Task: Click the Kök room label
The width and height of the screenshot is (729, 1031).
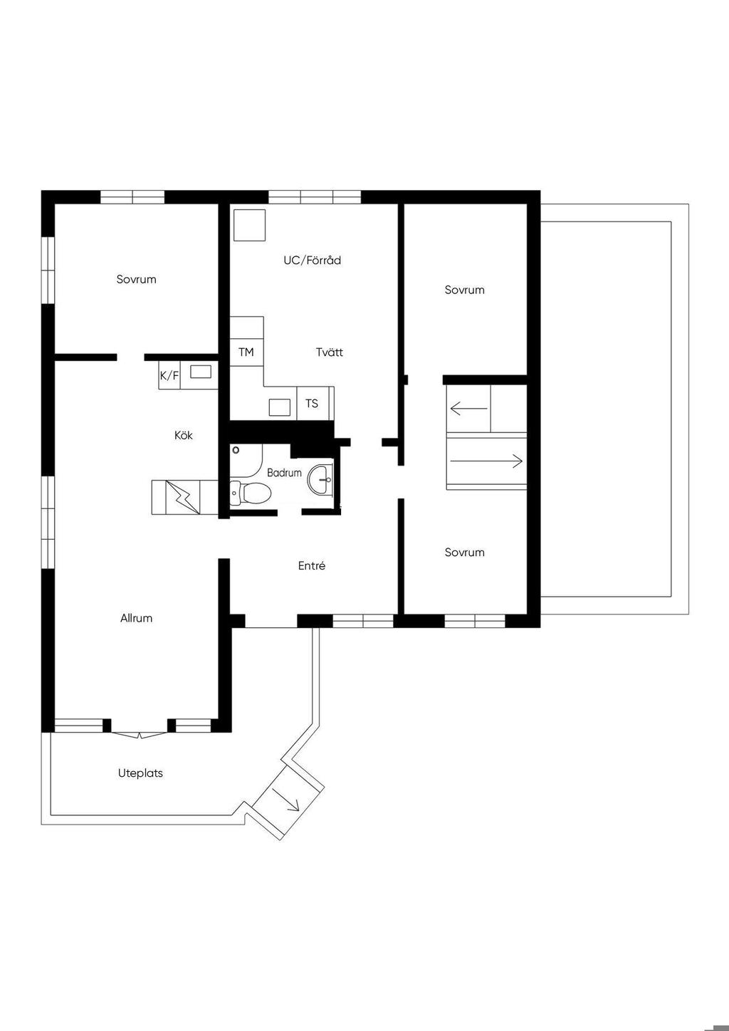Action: [183, 435]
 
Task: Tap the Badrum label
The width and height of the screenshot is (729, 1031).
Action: [284, 473]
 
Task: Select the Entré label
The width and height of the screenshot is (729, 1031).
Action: [312, 565]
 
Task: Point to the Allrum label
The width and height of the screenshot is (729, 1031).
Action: [136, 618]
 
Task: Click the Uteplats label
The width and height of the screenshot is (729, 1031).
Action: [140, 773]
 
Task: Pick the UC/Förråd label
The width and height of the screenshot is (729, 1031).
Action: [312, 260]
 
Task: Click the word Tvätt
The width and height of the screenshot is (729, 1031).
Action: [330, 352]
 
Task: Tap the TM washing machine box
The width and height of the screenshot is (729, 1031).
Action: [247, 352]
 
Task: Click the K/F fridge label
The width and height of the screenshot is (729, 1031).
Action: [169, 375]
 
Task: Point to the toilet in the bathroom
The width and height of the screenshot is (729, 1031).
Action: [250, 493]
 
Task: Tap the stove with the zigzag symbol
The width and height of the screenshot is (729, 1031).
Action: [182, 497]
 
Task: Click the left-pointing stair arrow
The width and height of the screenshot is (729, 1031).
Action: [468, 408]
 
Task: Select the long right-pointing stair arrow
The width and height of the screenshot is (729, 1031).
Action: [486, 461]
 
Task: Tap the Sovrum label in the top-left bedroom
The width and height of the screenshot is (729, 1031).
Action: [136, 279]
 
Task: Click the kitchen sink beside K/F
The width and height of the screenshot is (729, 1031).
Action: [201, 372]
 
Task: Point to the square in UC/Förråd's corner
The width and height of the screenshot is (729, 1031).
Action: [249, 225]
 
